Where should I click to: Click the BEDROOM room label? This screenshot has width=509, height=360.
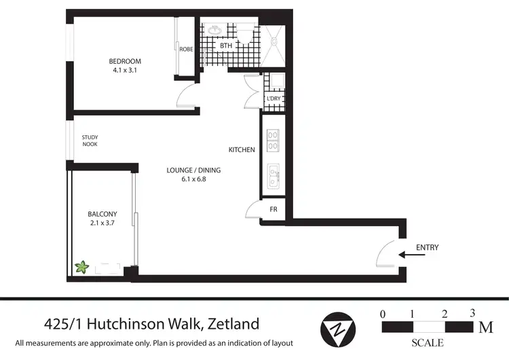124,61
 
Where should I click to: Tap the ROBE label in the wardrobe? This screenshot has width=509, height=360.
187,48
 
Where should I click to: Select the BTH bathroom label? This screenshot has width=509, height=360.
226,46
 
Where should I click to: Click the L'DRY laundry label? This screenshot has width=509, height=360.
274,98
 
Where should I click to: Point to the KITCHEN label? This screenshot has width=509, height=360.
241,149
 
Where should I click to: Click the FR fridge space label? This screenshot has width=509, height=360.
274,209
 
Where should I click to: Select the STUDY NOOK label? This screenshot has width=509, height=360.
90,141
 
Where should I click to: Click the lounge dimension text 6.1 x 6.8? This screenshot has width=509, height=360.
193,179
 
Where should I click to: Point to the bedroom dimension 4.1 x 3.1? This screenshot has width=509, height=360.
124,70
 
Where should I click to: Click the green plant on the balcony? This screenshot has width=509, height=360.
82,267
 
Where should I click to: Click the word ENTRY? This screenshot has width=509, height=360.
428,247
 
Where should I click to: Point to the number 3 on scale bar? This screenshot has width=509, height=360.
471,314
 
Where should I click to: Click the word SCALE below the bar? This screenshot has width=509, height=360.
428,343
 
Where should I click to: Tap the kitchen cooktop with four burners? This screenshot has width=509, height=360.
274,140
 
